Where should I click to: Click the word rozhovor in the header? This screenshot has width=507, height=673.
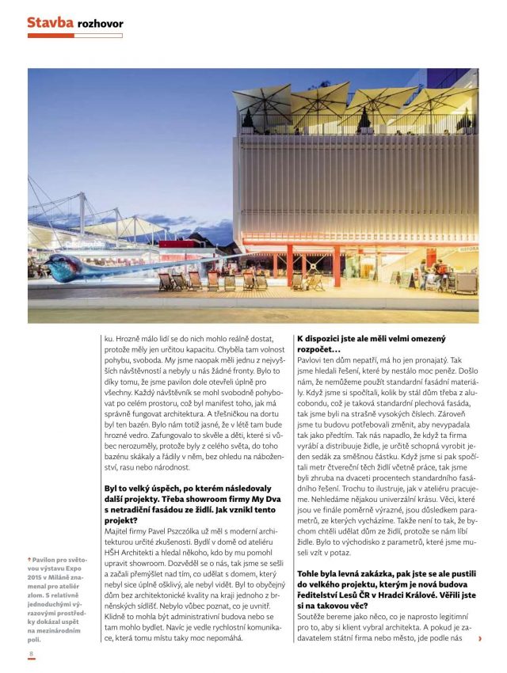(101, 24)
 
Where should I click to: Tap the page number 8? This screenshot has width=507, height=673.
(31, 653)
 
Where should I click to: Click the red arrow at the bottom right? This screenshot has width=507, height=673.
(479, 638)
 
